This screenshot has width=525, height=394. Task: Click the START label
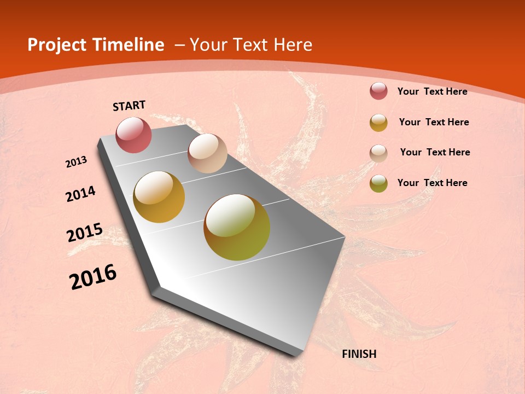[129, 106]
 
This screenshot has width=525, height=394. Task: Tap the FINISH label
[359, 354]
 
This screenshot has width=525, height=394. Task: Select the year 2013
[77, 162]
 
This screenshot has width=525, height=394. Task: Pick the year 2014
[81, 194]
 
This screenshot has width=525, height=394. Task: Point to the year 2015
[85, 233]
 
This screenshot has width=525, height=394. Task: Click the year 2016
[93, 276]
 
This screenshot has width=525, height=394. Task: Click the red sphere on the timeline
[133, 135]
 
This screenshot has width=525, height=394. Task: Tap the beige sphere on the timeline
[207, 153]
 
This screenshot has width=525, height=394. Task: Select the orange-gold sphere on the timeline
[159, 197]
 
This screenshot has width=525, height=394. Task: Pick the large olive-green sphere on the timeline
[237, 227]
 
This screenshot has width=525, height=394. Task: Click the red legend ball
[378, 91]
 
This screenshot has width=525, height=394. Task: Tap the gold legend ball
[378, 123]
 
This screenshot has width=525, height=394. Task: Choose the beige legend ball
[378, 153]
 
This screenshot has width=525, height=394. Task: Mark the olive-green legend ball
[378, 183]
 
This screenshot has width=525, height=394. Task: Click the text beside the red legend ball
[432, 91]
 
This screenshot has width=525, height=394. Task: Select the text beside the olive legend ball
[432, 183]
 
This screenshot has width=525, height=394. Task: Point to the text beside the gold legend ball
[434, 122]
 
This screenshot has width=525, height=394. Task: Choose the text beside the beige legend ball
[435, 152]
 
